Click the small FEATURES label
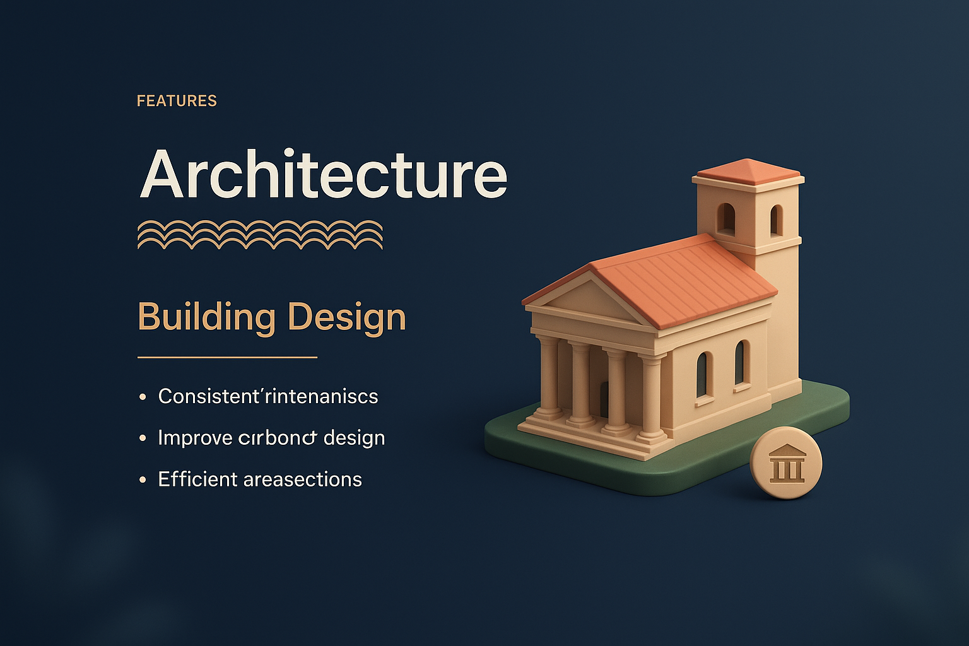177,101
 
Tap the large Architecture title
323,173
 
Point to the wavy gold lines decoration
260,235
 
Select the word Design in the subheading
347,317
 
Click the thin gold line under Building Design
227,357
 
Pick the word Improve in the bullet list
194,438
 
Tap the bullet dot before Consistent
143,397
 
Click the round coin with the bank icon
786,464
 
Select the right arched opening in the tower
776,220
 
